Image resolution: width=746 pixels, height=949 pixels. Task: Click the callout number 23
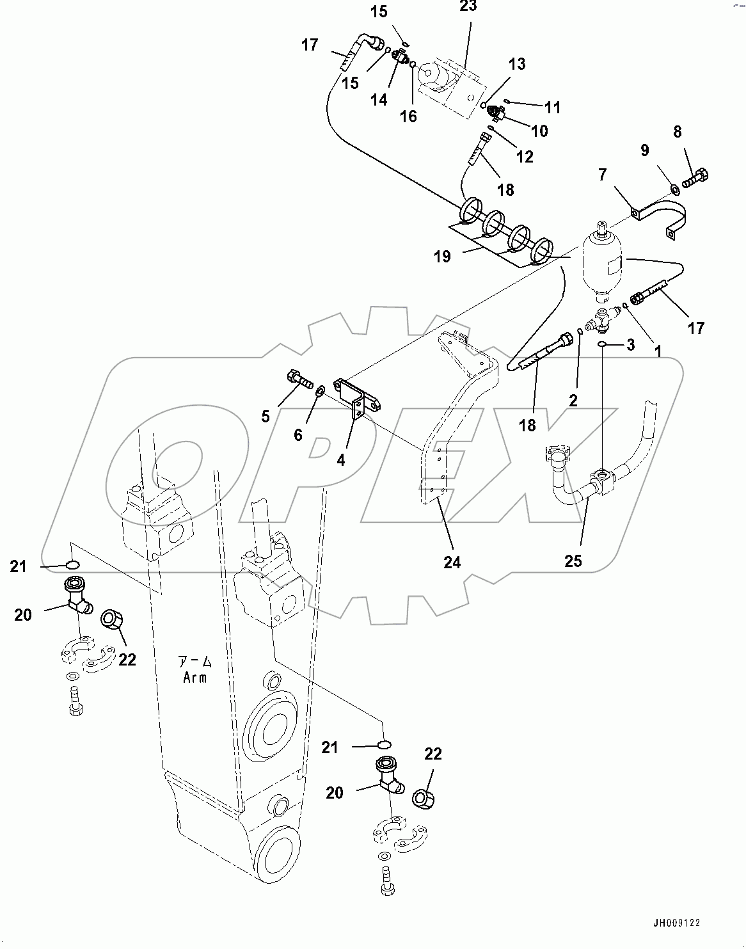(468, 6)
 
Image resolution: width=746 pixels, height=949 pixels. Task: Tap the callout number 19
(441, 257)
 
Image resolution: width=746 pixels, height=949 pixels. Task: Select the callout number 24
(452, 562)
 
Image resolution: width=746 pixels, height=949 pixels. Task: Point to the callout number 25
(573, 561)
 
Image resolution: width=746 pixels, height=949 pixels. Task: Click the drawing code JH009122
(676, 923)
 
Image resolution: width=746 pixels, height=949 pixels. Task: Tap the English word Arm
(194, 678)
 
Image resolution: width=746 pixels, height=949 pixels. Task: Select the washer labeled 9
(674, 189)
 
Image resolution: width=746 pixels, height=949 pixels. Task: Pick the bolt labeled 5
(299, 379)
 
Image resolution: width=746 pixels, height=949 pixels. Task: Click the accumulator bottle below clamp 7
(602, 264)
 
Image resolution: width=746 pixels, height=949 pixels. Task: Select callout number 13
(517, 64)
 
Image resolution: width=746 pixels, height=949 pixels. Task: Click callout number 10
(539, 131)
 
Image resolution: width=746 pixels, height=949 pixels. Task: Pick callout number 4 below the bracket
(341, 459)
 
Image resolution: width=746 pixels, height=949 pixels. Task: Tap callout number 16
(408, 116)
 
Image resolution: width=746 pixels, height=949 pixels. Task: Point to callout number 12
(525, 157)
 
